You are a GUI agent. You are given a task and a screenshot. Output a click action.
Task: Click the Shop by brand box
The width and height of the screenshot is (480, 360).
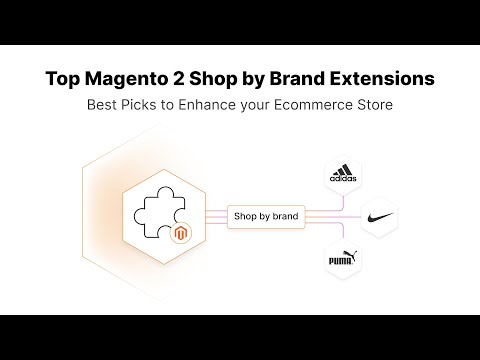click(265, 214)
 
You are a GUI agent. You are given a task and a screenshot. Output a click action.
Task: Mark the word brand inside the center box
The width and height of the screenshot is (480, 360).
click(284, 214)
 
